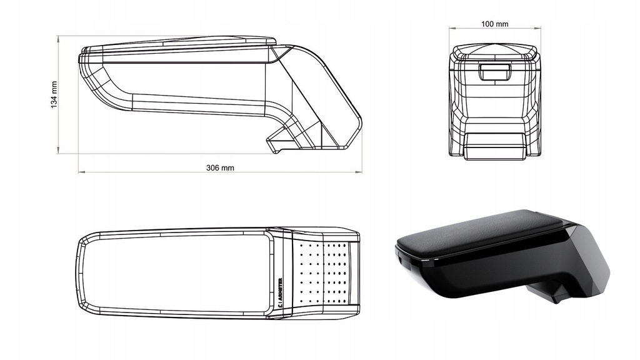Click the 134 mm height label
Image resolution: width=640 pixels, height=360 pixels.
(x=54, y=94)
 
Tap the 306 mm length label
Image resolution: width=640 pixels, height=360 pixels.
(x=220, y=167)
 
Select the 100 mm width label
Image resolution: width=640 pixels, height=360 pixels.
(x=494, y=24)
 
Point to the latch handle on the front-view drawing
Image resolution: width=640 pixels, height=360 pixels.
(x=494, y=72)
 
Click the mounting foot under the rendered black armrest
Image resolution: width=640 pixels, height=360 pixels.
(x=550, y=291)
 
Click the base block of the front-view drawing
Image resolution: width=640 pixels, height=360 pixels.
(x=494, y=146)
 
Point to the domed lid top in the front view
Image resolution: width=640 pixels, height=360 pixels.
(x=494, y=49)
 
